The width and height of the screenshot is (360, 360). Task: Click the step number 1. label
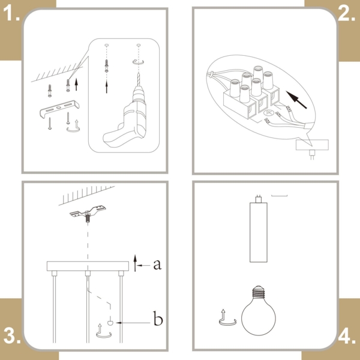pyautogui.click(x=11, y=13)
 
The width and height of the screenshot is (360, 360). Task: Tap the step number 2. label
pyautogui.click(x=346, y=13)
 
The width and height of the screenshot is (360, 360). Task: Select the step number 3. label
pyautogui.click(x=12, y=336)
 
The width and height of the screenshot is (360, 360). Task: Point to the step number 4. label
pyautogui.click(x=347, y=337)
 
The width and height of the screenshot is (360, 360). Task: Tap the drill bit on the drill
pyautogui.click(x=139, y=79)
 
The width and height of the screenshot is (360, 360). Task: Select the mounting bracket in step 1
pyautogui.click(x=59, y=109)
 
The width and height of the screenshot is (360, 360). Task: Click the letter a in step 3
pyautogui.click(x=157, y=264)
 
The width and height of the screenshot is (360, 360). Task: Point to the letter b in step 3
pyautogui.click(x=158, y=318)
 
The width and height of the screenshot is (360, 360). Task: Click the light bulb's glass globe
pyautogui.click(x=259, y=317)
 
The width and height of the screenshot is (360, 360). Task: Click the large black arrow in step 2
pyautogui.click(x=296, y=100)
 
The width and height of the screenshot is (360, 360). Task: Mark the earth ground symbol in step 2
pyautogui.click(x=268, y=113)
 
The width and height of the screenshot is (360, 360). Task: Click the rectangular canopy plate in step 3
pyautogui.click(x=88, y=266)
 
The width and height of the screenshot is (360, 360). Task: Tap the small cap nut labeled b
pyautogui.click(x=110, y=323)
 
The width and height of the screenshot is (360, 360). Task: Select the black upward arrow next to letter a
pyautogui.click(x=136, y=263)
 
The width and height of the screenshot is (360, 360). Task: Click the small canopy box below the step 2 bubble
pyautogui.click(x=312, y=145)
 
